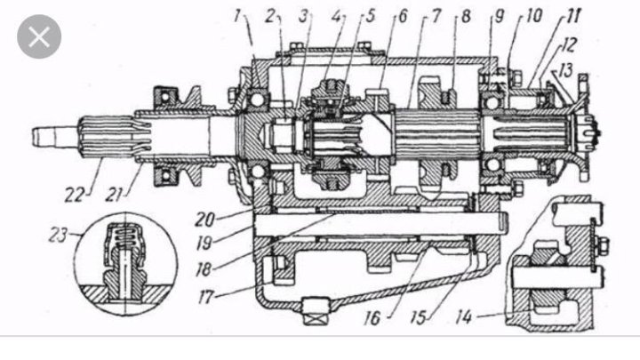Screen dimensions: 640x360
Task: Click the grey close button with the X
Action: [x=39, y=36]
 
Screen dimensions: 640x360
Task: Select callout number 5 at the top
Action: [x=370, y=16]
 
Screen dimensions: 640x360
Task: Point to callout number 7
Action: [x=436, y=16]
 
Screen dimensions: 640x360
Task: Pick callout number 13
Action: [x=565, y=71]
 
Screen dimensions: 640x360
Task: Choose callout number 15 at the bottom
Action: [x=419, y=317]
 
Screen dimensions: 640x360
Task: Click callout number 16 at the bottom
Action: [x=372, y=318]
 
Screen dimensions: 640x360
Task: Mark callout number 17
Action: [x=205, y=297]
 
